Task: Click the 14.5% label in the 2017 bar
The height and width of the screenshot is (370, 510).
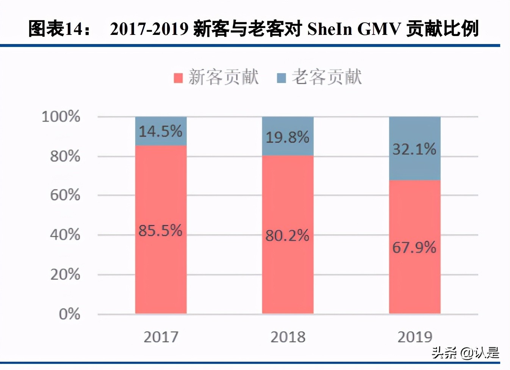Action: click(160, 132)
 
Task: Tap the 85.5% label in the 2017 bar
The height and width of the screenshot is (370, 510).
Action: click(160, 230)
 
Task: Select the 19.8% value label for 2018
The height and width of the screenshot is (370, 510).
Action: click(287, 137)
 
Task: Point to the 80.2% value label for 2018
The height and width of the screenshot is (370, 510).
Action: click(287, 236)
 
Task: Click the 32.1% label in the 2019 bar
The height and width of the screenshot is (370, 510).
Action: click(414, 149)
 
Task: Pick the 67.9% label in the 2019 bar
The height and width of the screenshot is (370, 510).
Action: click(414, 248)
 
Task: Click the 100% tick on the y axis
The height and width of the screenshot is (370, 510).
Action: click(61, 116)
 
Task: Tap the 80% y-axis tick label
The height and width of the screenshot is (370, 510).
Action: click(65, 156)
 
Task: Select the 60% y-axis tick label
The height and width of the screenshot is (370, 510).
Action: click(65, 195)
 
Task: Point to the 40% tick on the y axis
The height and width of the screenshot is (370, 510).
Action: click(65, 235)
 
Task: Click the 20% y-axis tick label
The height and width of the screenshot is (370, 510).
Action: click(65, 274)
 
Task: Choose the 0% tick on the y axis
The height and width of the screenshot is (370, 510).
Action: click(69, 314)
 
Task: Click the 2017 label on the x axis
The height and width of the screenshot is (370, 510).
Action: click(161, 337)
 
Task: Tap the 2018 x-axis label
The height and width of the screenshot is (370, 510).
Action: click(288, 337)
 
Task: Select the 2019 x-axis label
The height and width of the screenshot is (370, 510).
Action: click(415, 337)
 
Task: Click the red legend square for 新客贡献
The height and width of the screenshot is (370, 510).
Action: click(178, 78)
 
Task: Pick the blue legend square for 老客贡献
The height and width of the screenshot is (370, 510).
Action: click(281, 78)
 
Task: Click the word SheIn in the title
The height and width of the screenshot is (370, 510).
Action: click(330, 29)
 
